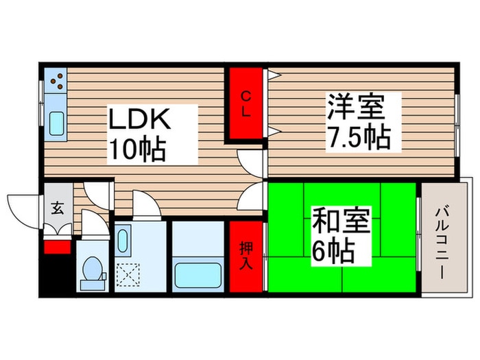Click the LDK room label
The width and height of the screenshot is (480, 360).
pos(138,121)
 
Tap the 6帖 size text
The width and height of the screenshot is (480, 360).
pos(334,252)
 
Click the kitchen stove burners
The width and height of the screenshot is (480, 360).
pos(56,81)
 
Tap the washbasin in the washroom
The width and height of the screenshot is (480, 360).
pos(123,241)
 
